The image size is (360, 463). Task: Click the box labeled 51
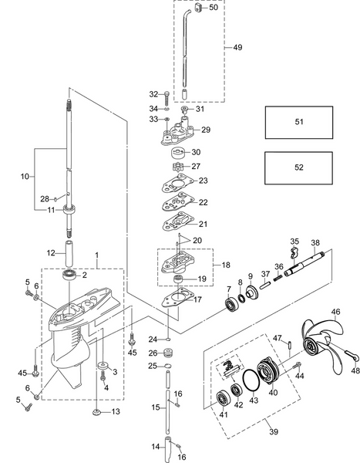tap(299, 122)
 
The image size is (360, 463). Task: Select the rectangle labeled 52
tap(299, 167)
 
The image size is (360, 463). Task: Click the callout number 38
tap(315, 242)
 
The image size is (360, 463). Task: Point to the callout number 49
tap(237, 47)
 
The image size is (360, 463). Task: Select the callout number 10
tap(23, 176)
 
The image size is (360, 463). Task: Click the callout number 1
tap(97, 255)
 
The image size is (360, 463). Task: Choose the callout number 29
tap(205, 130)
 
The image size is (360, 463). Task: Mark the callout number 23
tap(203, 181)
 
